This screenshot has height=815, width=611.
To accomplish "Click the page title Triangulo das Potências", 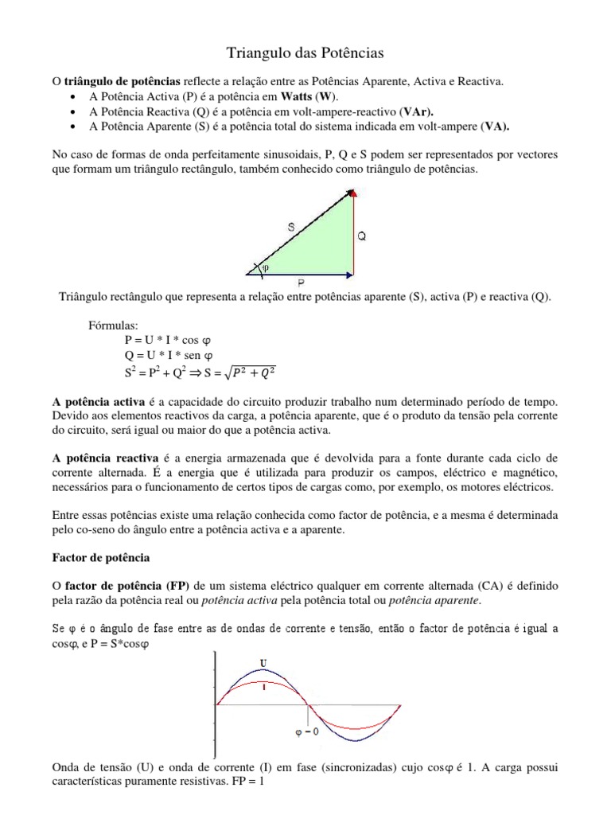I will coord(305,53).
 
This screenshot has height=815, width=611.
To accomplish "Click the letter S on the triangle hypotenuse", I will coord(292,227).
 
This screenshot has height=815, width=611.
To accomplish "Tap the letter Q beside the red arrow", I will coord(362,236).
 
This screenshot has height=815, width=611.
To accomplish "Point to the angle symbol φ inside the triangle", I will coord(266,268).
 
